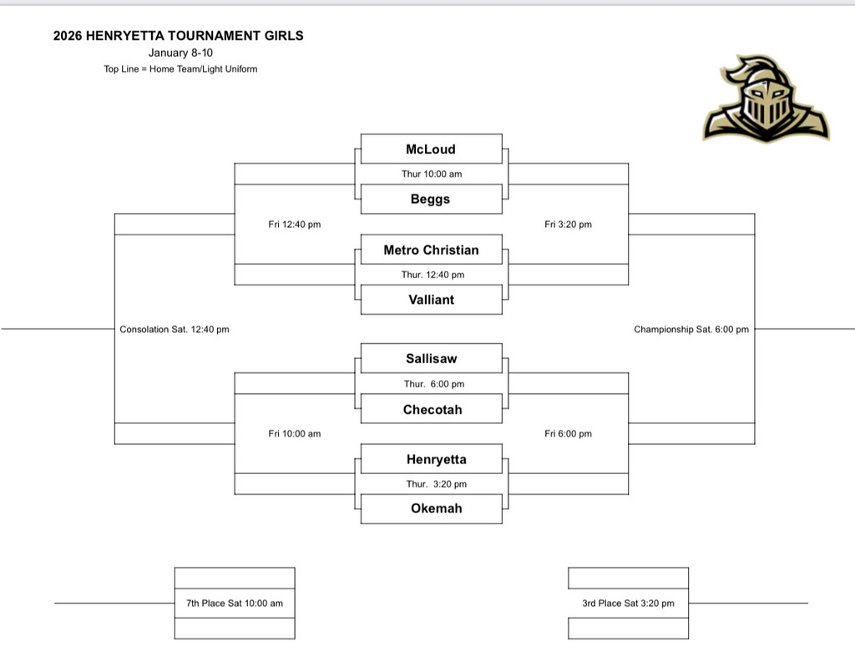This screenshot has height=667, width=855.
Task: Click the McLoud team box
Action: pyautogui.click(x=431, y=149)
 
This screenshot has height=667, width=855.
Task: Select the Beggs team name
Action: pyautogui.click(x=431, y=199)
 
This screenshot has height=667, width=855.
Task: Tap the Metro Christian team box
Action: pyautogui.click(x=431, y=250)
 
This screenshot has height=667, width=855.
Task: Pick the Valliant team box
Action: pyautogui.click(x=431, y=299)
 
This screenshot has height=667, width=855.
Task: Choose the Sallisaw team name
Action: pyautogui.click(x=431, y=358)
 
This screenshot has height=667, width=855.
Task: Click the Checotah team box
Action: pyautogui.click(x=431, y=409)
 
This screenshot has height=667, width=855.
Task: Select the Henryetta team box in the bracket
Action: pyautogui.click(x=431, y=459)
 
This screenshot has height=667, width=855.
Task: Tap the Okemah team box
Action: pyautogui.click(x=431, y=508)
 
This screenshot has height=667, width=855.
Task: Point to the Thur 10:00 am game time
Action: pyautogui.click(x=431, y=174)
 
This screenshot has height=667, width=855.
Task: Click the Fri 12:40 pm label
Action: pyautogui.click(x=295, y=224)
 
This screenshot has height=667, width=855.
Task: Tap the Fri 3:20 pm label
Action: pyautogui.click(x=568, y=224)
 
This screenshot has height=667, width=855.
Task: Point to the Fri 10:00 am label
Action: pyautogui.click(x=295, y=433)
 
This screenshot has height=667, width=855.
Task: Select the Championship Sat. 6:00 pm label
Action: pyautogui.click(x=691, y=329)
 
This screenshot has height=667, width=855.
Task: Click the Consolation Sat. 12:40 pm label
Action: pyautogui.click(x=175, y=329)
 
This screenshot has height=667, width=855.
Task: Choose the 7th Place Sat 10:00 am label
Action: pyautogui.click(x=235, y=603)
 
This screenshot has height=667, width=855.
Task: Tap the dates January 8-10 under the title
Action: pyautogui.click(x=180, y=53)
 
